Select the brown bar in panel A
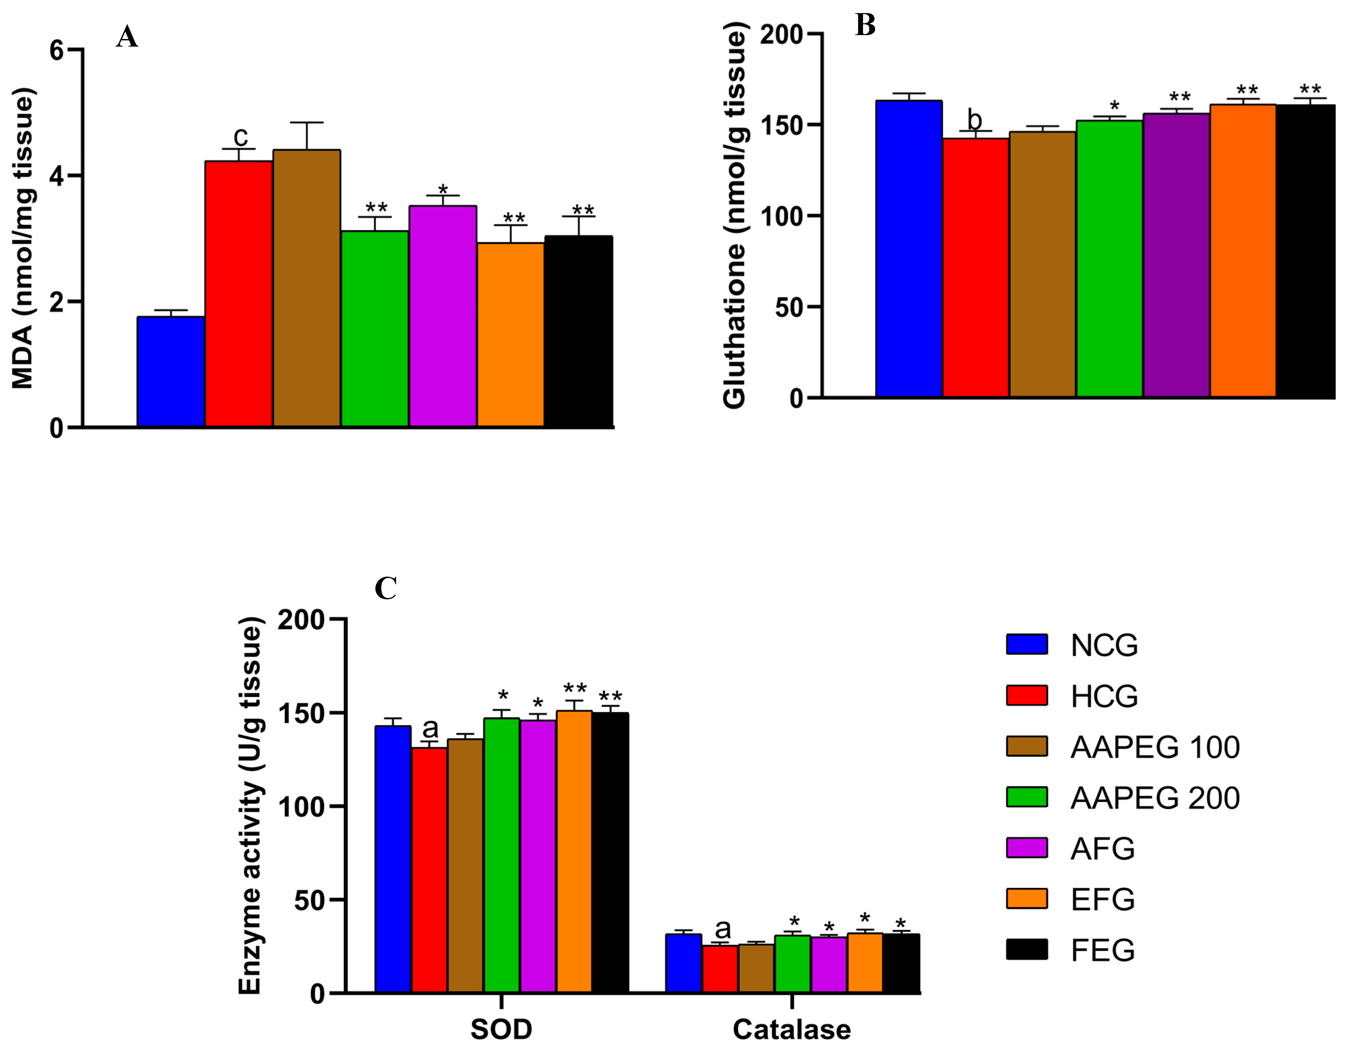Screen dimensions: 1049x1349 pos(306,288)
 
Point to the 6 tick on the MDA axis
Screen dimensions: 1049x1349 pos(57,50)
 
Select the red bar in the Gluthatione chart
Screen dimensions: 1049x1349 pos(975,267)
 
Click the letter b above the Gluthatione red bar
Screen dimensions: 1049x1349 pos(974,119)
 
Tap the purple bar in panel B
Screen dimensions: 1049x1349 pos(1176,255)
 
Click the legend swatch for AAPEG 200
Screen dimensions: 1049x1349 pos(1026,797)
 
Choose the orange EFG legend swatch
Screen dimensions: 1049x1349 pos(1026,899)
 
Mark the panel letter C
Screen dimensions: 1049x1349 pos(386,588)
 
